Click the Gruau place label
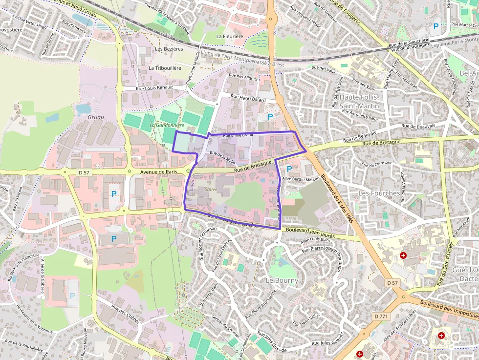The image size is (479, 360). point(96,117)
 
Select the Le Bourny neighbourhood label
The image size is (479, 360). point(282,281)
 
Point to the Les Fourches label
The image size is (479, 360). point(379,193)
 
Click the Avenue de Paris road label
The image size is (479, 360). point(158,172)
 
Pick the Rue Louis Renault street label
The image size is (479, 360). point(154,87)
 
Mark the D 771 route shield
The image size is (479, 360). point(381,317)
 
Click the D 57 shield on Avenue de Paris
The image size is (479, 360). point(84,172)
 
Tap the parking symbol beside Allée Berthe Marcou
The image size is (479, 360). point(289,169)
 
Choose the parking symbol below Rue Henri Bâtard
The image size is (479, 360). point(270,116)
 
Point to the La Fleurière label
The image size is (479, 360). point(230,36)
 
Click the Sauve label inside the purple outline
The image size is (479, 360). point(211,189)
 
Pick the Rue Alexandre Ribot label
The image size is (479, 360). point(361,115)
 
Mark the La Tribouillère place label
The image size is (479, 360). point(165,68)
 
